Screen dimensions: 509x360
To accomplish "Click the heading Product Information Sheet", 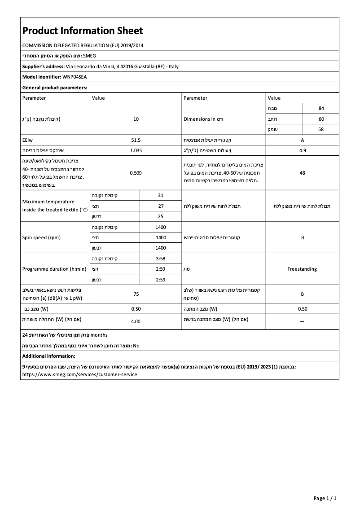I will click(83, 31).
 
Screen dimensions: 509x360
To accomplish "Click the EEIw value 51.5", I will click(136, 140).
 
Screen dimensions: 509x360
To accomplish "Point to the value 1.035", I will click(136, 151).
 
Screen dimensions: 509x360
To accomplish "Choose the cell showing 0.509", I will click(136, 173).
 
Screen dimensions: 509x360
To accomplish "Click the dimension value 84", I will click(321, 109).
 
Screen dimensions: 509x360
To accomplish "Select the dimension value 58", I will click(321, 130).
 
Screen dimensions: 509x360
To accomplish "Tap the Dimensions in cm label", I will click(203, 119).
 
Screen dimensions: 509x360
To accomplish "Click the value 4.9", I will click(302, 151).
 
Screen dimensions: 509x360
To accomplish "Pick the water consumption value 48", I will click(302, 173).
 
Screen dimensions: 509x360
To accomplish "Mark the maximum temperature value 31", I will click(161, 195).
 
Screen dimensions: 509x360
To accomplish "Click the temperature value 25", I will click(161, 216).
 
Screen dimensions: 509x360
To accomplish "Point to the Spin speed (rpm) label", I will click(41, 237).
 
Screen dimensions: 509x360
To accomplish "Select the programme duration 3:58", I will click(161, 259).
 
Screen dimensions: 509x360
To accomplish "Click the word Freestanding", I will click(302, 269).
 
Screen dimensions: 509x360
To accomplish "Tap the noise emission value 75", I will click(136, 294).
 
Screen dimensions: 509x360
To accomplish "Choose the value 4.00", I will click(136, 321).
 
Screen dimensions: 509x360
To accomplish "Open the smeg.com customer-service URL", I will click(79, 374).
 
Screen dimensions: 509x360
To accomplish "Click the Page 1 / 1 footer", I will click(325, 498).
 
